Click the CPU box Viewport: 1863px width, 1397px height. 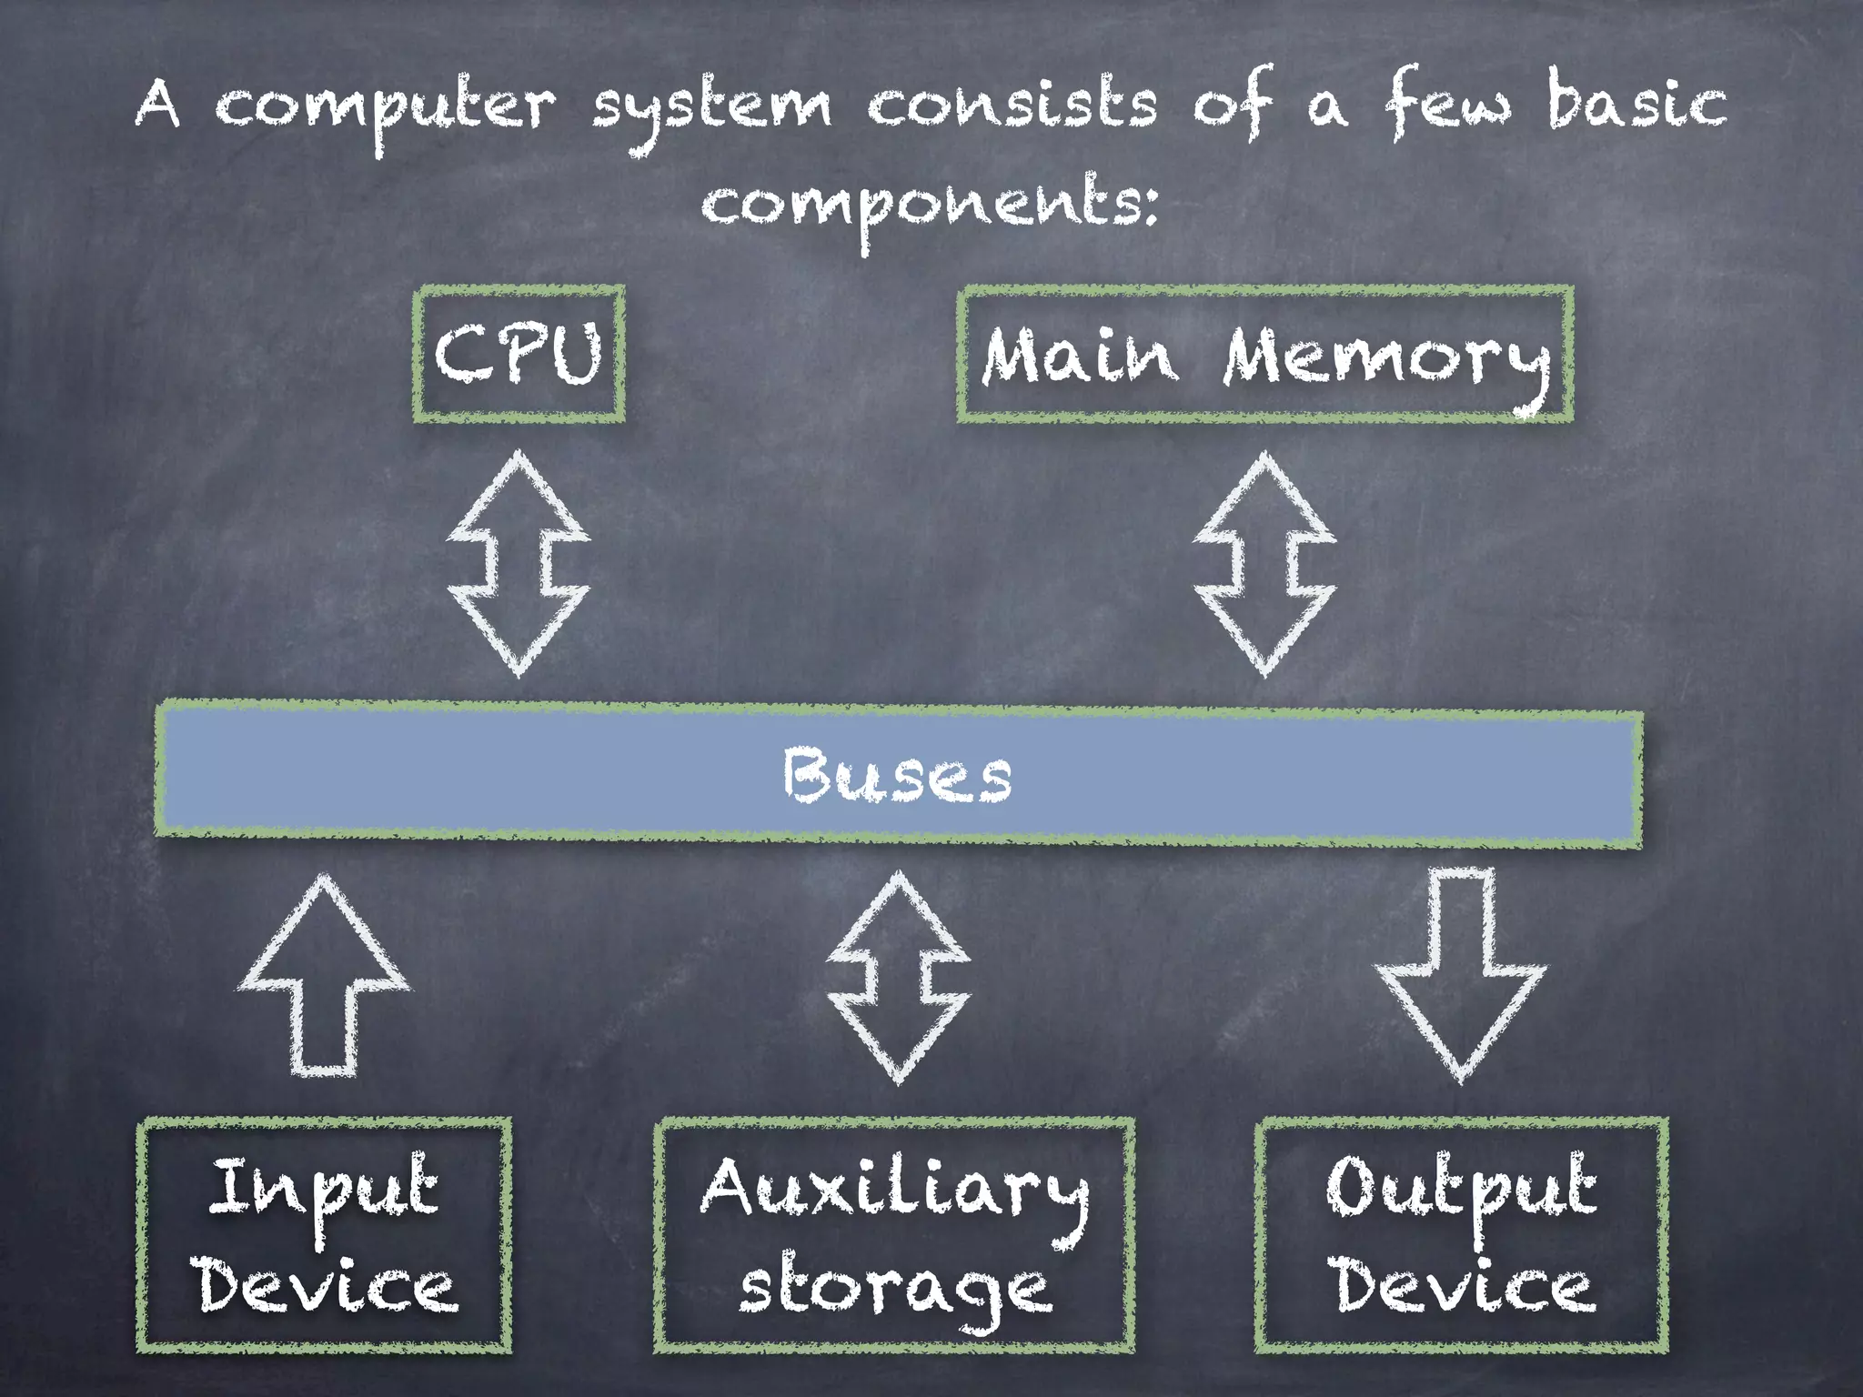coord(519,354)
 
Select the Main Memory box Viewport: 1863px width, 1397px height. coord(1264,354)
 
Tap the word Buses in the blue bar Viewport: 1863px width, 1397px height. coord(897,776)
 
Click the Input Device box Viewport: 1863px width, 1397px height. coord(324,1235)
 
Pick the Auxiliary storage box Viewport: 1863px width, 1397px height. coord(894,1235)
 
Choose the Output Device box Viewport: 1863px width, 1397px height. coord(1461,1235)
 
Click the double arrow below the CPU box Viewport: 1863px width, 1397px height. coord(519,564)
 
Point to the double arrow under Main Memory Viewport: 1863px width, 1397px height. coord(1264,564)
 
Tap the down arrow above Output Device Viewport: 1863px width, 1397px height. coord(1461,973)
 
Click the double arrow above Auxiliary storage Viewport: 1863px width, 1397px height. coord(899,978)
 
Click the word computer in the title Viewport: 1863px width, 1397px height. coord(384,107)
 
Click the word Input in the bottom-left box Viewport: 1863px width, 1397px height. coord(324,1187)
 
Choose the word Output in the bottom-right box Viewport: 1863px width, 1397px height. coord(1461,1187)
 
